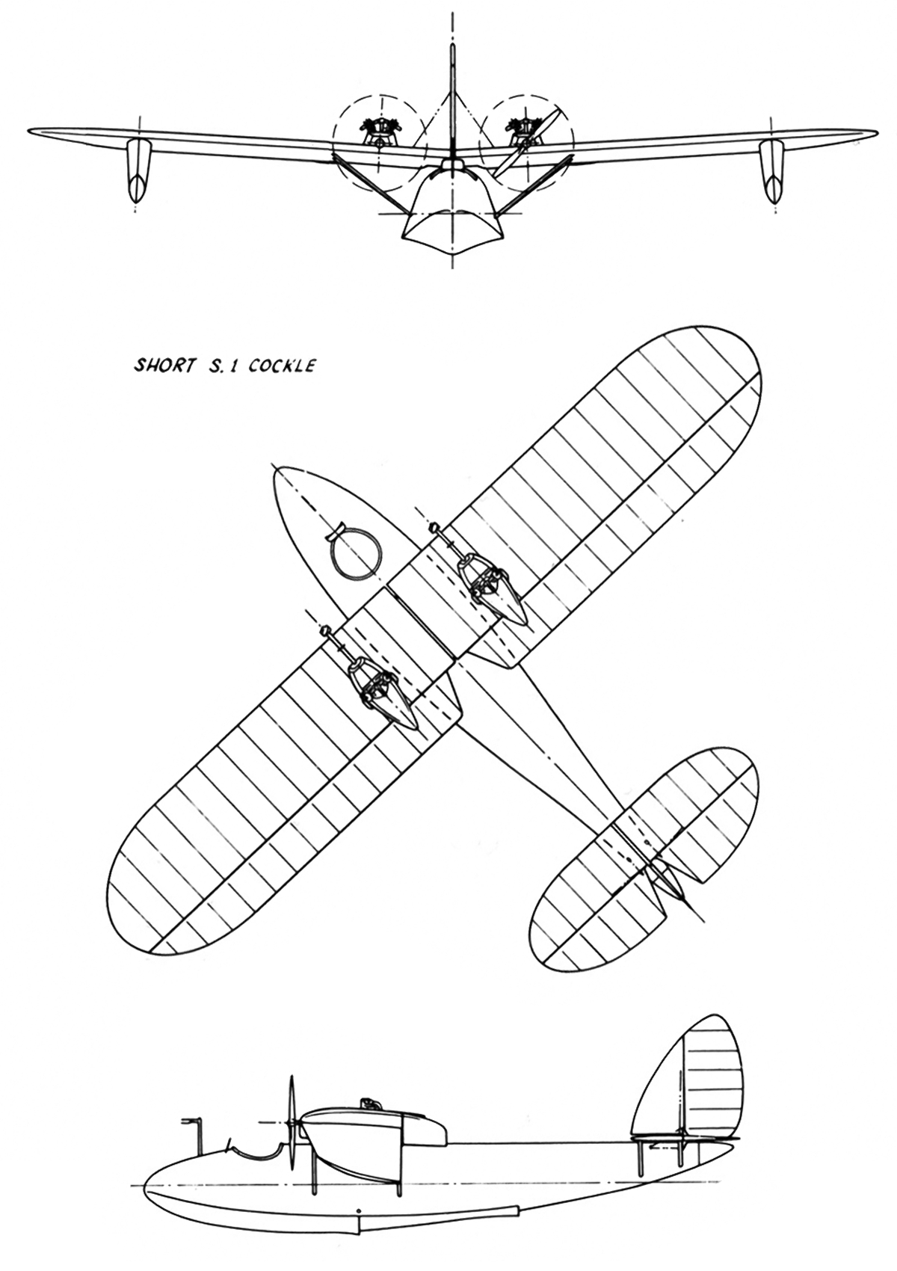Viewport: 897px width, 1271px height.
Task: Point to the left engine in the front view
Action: [x=375, y=132]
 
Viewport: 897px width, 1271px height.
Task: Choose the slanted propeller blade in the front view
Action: [x=528, y=142]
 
